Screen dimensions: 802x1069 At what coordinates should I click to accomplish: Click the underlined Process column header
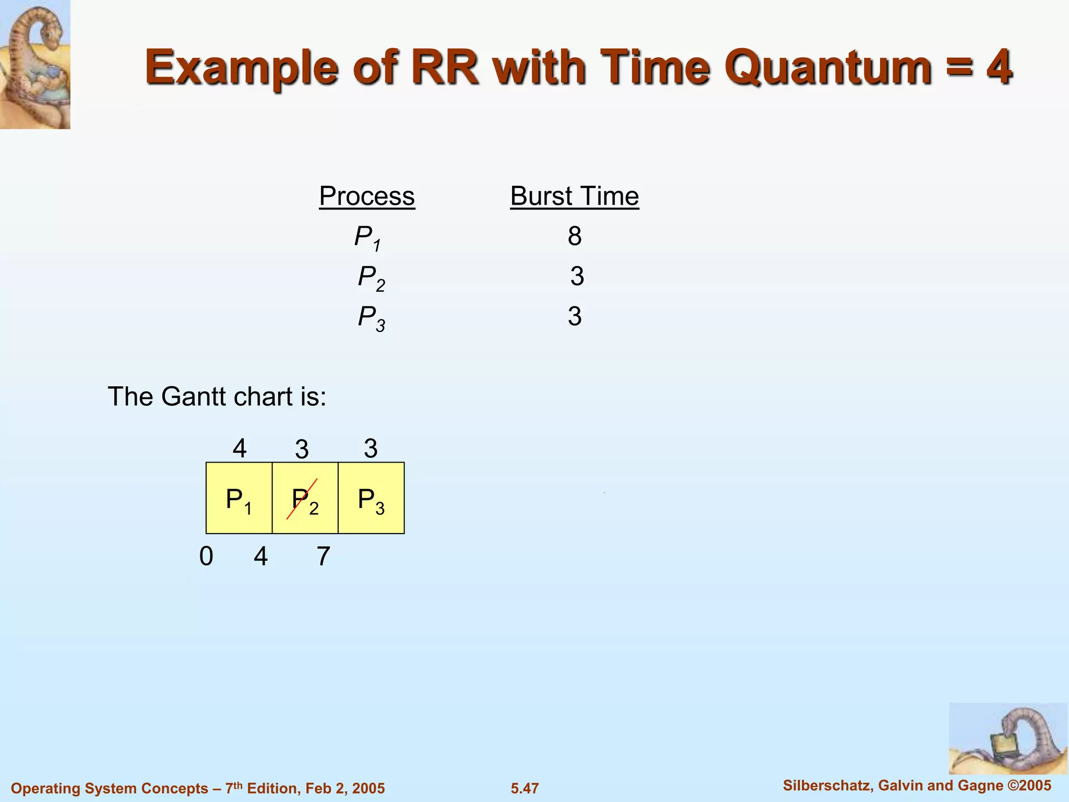[x=367, y=196]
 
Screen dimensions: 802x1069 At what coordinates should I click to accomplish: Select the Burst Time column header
[x=574, y=196]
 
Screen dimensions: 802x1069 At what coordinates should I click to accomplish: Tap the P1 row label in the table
[x=367, y=237]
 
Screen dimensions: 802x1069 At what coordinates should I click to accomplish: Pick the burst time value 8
[x=575, y=236]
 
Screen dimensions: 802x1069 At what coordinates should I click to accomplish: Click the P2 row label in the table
[x=371, y=277]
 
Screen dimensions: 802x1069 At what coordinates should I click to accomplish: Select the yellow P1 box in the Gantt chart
[x=239, y=498]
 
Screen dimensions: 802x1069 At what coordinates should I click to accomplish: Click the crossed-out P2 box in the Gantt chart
[x=305, y=498]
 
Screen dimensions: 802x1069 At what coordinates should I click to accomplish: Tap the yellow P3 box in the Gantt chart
[x=371, y=498]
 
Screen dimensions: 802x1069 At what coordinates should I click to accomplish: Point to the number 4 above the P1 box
[x=240, y=448]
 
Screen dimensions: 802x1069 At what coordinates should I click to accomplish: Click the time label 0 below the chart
[x=206, y=556]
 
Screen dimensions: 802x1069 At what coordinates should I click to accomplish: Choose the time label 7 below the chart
[x=324, y=556]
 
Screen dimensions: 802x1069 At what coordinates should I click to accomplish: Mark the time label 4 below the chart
[x=261, y=556]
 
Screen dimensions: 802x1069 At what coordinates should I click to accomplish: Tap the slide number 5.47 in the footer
[x=525, y=788]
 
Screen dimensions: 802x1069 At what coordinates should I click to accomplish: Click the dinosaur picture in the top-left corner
[x=35, y=64]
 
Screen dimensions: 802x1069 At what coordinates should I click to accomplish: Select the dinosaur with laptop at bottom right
[x=1007, y=738]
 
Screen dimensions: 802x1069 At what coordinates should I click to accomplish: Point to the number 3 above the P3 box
[x=371, y=448]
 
